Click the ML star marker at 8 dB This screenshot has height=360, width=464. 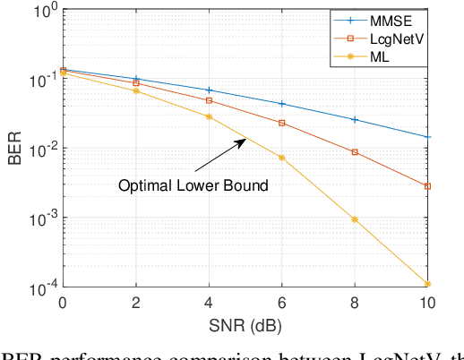click(355, 219)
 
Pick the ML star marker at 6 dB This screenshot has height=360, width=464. click(281, 158)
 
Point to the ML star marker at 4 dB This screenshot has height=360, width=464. click(209, 116)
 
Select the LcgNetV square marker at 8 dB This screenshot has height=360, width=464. click(355, 152)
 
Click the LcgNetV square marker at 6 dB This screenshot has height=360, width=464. click(281, 123)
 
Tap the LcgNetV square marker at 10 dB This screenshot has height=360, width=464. click(427, 186)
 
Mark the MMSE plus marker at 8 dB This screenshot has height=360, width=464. click(355, 119)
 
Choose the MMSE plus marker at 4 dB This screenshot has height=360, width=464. click(209, 90)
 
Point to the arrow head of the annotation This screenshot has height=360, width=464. click(246, 137)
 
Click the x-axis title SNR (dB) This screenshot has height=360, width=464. click(245, 324)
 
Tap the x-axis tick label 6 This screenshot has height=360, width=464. click(281, 303)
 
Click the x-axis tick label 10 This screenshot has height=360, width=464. click(427, 303)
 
